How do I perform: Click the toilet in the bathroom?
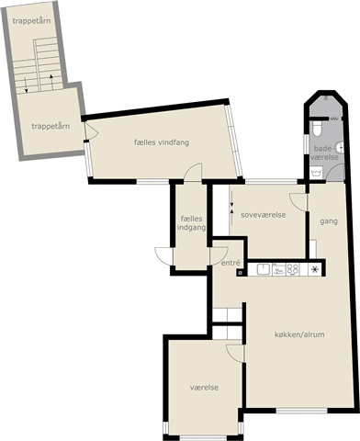pos(317,129)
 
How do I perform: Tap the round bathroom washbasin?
pos(340,147)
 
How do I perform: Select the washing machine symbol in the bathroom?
pos(317,173)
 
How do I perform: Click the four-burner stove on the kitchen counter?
pos(292,269)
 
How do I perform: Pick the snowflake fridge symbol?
pos(314,269)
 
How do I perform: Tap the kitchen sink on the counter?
pos(263,269)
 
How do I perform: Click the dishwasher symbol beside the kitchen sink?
pos(279,270)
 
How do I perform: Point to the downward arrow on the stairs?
pos(26,85)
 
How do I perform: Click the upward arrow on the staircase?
pos(51,82)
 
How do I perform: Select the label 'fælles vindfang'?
pos(162,142)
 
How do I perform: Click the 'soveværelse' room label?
pos(264,215)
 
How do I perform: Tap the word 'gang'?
pos(329,221)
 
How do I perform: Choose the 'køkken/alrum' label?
pos(299,334)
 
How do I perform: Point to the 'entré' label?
pos(230,263)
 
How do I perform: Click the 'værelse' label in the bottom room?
pos(204,388)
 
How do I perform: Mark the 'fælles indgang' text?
pos(191,223)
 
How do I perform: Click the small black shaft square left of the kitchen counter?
pos(240,272)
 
